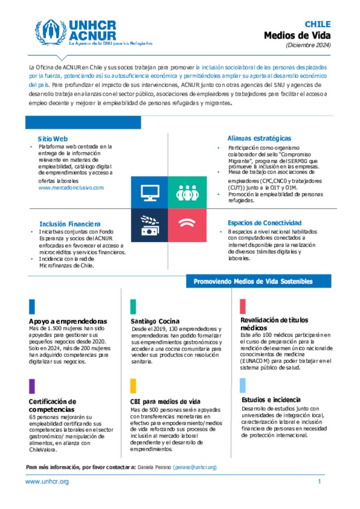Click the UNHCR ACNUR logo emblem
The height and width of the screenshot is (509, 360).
click(51, 32)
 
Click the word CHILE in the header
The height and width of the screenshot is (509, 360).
click(317, 24)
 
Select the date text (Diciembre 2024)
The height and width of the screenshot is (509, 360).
click(308, 45)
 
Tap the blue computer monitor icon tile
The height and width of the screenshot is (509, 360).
click(149, 192)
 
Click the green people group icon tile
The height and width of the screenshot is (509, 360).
click(187, 192)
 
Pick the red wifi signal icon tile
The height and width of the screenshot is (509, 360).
click(187, 225)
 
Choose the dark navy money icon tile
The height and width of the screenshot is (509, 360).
click(149, 225)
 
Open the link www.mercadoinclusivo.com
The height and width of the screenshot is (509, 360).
click(71, 188)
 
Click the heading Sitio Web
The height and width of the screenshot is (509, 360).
click(53, 139)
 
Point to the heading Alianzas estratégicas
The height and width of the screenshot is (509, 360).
click(259, 138)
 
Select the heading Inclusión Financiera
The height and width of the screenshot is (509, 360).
click(70, 224)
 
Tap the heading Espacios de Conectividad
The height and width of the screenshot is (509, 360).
click(264, 223)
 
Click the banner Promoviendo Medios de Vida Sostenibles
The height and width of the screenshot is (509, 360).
click(253, 281)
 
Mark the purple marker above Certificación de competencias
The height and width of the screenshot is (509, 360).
click(32, 386)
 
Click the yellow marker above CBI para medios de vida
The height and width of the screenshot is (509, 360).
click(133, 386)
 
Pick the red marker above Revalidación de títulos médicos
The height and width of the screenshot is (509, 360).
click(243, 306)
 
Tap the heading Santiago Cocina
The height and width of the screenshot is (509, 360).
click(155, 321)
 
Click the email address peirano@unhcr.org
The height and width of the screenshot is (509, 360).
click(195, 467)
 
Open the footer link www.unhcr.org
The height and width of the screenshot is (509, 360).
click(47, 482)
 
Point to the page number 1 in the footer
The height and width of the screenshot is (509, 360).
click(319, 482)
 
